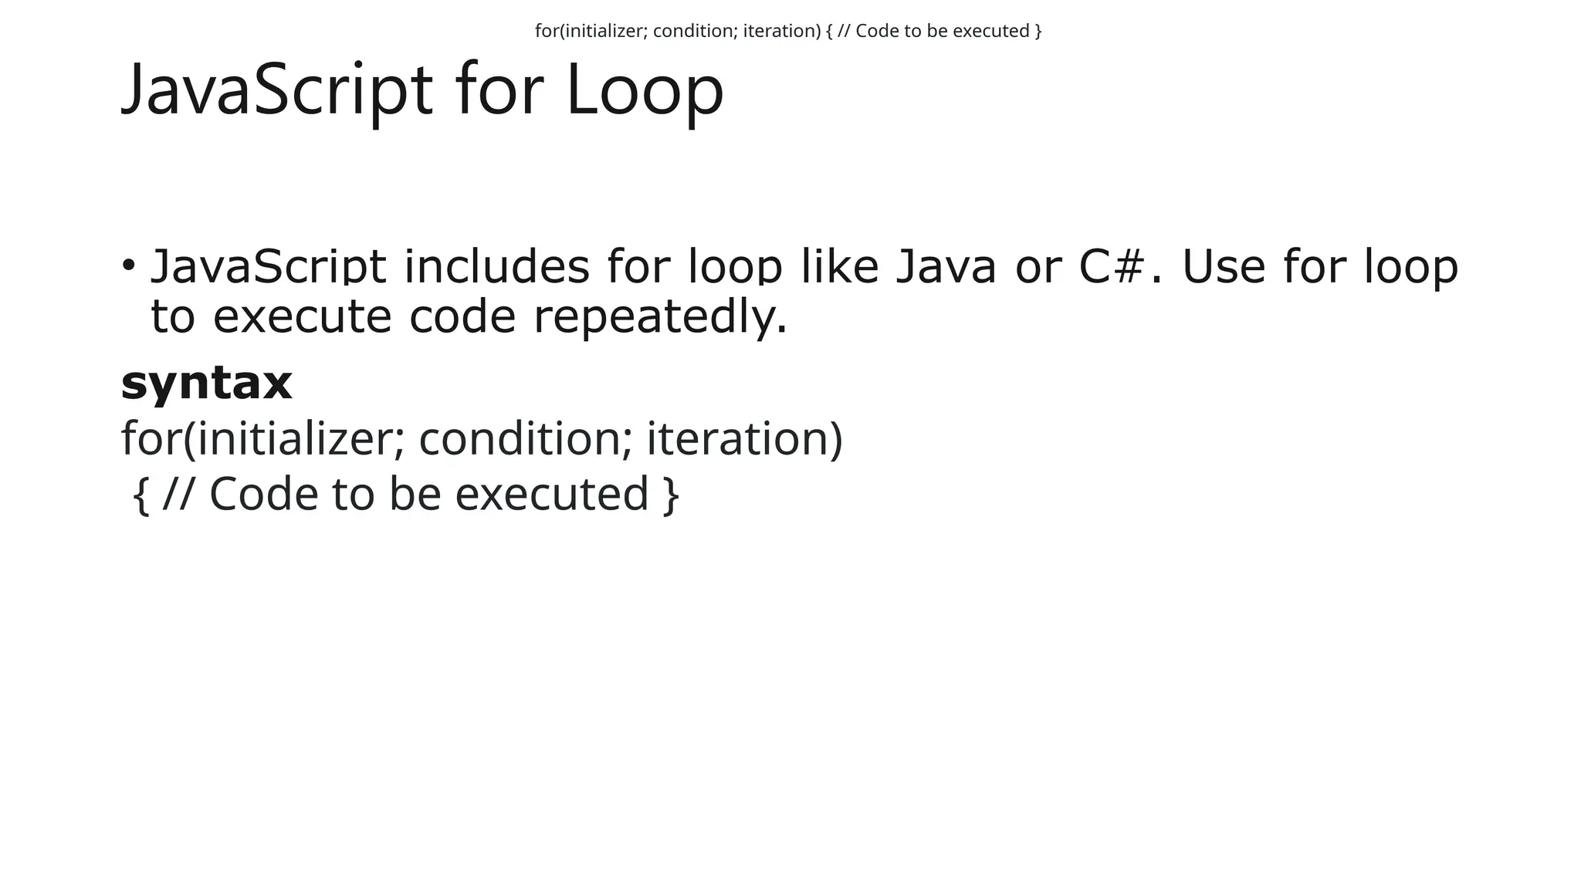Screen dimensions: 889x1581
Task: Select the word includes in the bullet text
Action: (496, 266)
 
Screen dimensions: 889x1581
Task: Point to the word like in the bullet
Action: (839, 266)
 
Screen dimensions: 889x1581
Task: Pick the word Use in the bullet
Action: (1223, 266)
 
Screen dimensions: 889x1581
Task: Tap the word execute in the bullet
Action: (302, 317)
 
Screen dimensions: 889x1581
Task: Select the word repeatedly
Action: (660, 317)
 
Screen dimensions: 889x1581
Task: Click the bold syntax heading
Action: (207, 383)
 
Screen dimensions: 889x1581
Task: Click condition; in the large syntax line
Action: (526, 438)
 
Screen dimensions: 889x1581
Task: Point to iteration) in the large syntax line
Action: (744, 438)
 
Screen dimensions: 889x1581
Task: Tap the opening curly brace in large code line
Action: (140, 494)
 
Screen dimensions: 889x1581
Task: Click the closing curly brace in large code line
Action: (672, 494)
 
